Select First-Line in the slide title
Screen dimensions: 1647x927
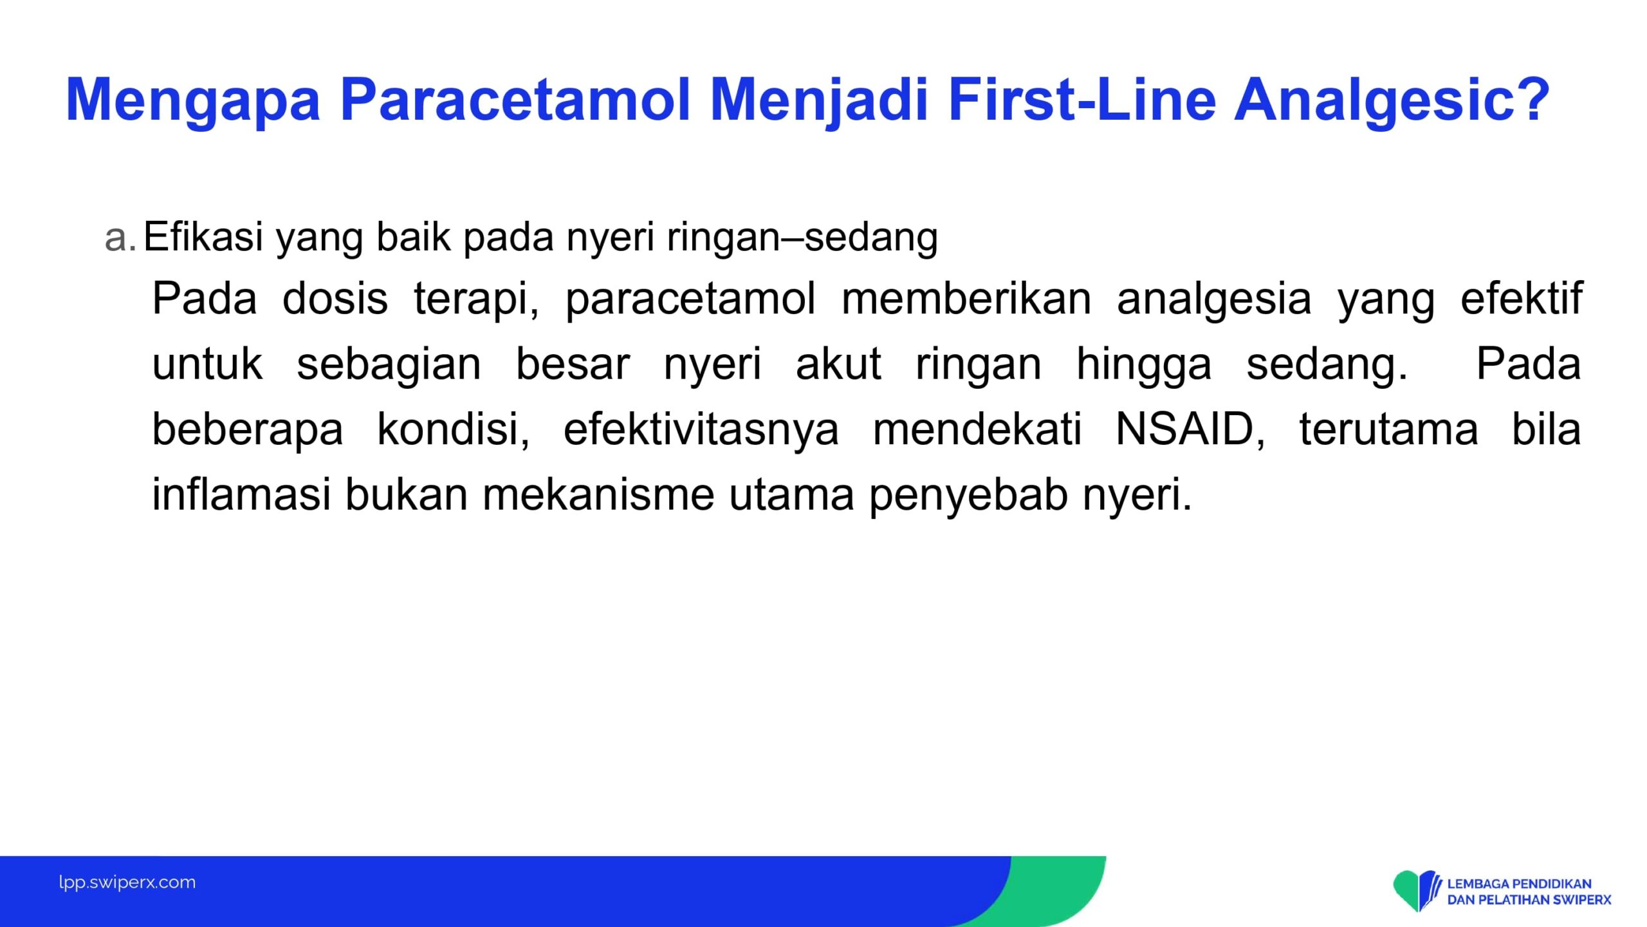click(x=1082, y=99)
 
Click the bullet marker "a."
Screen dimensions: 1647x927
click(x=120, y=237)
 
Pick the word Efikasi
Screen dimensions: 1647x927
click(x=203, y=236)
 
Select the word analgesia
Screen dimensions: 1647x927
click(x=1214, y=300)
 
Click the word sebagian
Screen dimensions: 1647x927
click(x=389, y=365)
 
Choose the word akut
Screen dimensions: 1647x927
click(x=839, y=364)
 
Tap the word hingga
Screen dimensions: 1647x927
click(x=1144, y=365)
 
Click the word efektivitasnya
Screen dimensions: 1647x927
click(x=701, y=430)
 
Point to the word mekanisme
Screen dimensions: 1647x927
click(x=598, y=494)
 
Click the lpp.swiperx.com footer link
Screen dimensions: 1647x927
click(x=127, y=883)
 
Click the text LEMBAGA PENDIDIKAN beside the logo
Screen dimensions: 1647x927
click(x=1519, y=884)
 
